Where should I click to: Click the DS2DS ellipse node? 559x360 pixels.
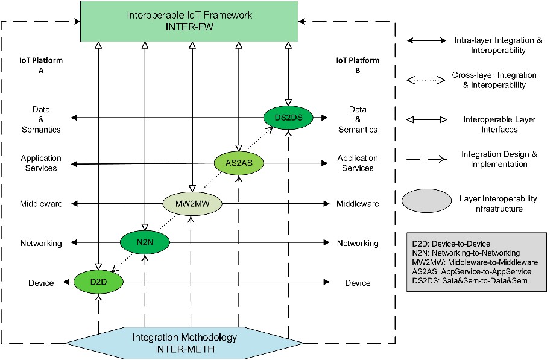click(289, 117)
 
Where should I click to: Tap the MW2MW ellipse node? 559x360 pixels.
click(192, 203)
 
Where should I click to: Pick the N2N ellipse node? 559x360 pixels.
click(145, 242)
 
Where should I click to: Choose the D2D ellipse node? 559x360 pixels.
click(98, 281)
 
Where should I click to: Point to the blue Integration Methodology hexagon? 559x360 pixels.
click(185, 342)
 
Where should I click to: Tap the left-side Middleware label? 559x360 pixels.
click(41, 204)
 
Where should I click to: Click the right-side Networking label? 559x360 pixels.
click(358, 243)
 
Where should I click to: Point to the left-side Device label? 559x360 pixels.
click(41, 283)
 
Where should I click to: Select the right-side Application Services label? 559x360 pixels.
click(358, 163)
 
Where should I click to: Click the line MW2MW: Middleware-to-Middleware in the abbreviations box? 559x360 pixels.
click(473, 262)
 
